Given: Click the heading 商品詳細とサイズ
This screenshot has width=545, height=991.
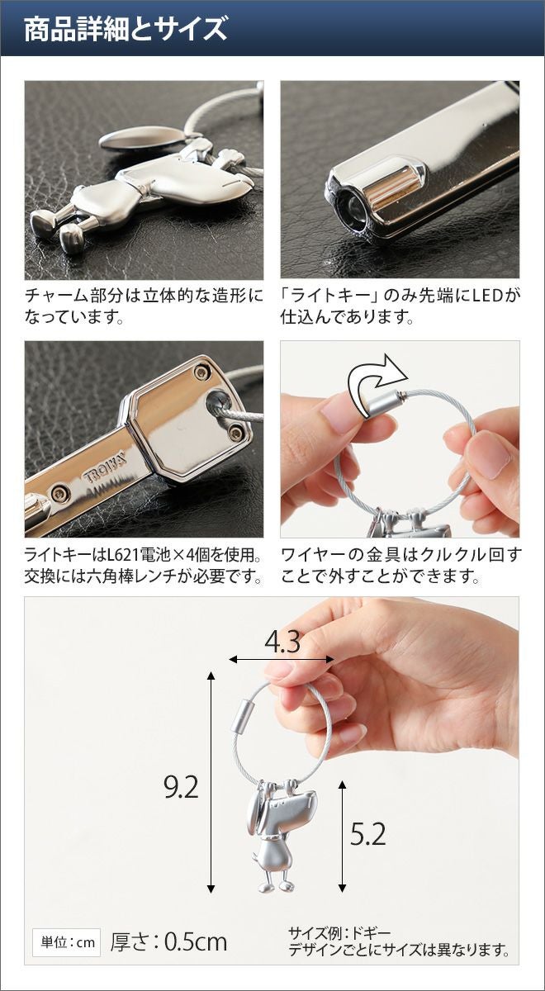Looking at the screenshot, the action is pyautogui.click(x=126, y=29).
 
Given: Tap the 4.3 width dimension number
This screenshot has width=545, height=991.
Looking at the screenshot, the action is pyautogui.click(x=282, y=642).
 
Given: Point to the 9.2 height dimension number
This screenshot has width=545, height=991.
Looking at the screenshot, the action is pyautogui.click(x=181, y=787).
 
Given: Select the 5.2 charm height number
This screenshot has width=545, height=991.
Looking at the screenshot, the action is pyautogui.click(x=367, y=834).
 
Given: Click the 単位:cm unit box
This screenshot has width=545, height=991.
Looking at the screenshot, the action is pyautogui.click(x=67, y=942).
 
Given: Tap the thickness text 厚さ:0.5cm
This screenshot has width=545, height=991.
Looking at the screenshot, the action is pyautogui.click(x=168, y=942).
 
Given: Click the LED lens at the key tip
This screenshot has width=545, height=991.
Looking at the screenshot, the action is pyautogui.click(x=352, y=207).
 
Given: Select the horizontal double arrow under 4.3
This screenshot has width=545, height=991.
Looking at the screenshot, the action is pyautogui.click(x=282, y=660).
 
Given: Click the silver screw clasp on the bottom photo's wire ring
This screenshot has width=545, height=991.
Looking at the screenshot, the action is pyautogui.click(x=241, y=715).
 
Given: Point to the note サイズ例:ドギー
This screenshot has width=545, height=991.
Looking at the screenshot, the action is pyautogui.click(x=339, y=933).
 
